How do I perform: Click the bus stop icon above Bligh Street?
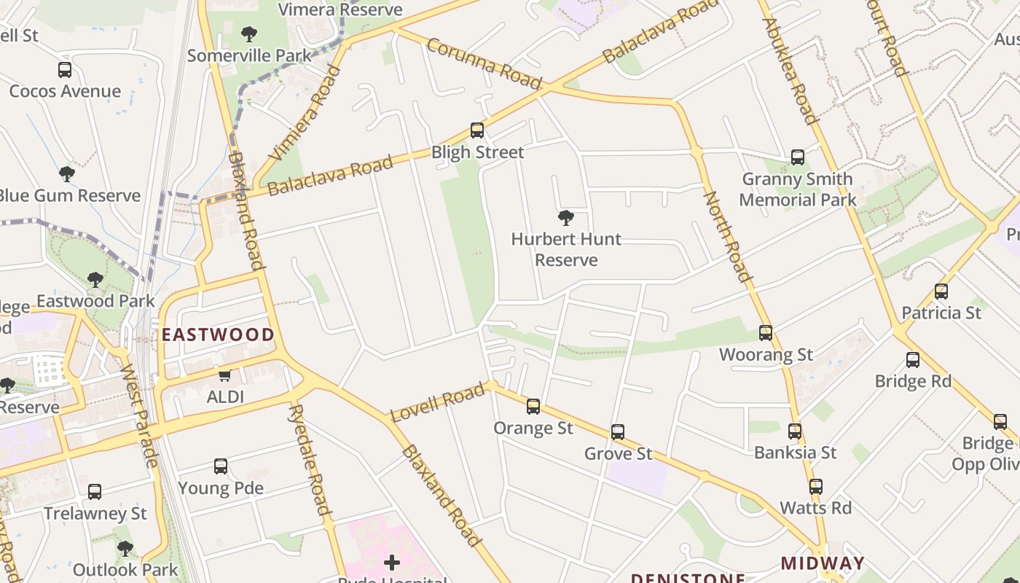click(477, 130)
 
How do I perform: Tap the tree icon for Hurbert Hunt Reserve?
click(565, 217)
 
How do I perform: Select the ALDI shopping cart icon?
click(225, 375)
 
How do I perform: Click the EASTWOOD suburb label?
click(218, 335)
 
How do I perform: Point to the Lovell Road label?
click(437, 402)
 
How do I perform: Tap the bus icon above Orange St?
click(533, 407)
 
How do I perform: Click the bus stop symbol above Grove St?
click(618, 432)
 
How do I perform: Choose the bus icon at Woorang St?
click(766, 333)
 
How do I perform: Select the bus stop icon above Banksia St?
click(795, 431)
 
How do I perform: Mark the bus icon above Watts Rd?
click(816, 486)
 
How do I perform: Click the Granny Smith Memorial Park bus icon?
click(798, 157)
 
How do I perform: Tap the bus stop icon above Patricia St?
click(941, 291)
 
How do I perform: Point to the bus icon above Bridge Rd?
click(913, 360)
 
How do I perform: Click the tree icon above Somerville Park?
click(249, 34)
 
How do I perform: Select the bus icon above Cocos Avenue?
click(65, 70)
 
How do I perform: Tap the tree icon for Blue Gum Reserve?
click(67, 174)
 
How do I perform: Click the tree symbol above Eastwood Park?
click(95, 280)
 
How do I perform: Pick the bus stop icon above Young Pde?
click(221, 466)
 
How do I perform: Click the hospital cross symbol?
click(392, 562)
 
